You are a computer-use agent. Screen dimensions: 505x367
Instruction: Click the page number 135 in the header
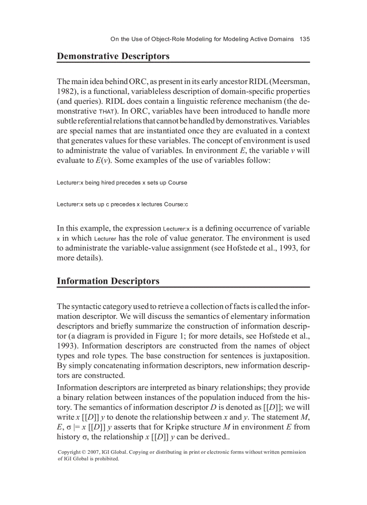304,39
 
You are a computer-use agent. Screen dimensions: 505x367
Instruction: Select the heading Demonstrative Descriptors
113,56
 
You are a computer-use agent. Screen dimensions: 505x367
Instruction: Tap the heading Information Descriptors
108,281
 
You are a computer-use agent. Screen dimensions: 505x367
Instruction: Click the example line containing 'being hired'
121,183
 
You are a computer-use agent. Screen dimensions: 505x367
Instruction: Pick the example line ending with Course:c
122,205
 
